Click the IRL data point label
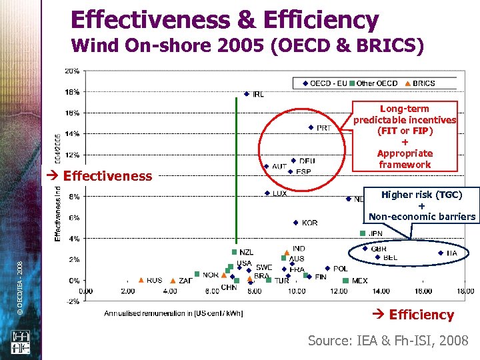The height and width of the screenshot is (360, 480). [x=258, y=94]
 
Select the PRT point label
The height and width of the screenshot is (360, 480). [x=324, y=127]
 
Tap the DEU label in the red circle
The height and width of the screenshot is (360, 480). [x=307, y=161]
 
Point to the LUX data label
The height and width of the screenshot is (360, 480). [x=280, y=193]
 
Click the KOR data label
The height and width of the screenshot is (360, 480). [x=309, y=223]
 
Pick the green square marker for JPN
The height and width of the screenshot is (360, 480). [x=363, y=233]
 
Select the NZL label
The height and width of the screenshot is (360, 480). [x=247, y=252]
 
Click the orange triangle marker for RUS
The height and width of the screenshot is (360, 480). [x=141, y=281]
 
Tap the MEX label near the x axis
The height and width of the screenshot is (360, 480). [x=359, y=281]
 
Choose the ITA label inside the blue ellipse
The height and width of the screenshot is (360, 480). [x=452, y=253]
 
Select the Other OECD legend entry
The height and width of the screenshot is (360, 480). [x=377, y=83]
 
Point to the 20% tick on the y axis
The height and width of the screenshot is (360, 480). [x=72, y=71]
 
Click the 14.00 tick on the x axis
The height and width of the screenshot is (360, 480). [x=381, y=291]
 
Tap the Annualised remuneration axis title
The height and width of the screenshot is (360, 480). [x=173, y=313]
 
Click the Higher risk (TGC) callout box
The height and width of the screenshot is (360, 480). [x=421, y=205]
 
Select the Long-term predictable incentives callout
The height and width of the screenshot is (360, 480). [x=405, y=136]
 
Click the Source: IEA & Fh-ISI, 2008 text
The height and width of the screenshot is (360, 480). [x=388, y=341]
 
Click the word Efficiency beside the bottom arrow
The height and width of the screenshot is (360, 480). [x=421, y=315]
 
